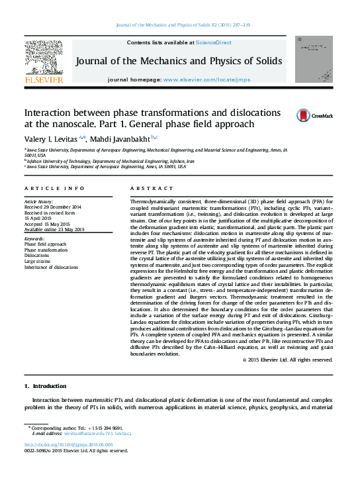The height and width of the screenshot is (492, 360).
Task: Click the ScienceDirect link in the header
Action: pos(214,42)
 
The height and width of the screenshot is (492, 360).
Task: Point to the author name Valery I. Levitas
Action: pos(52,138)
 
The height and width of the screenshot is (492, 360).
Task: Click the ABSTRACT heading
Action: pos(146,189)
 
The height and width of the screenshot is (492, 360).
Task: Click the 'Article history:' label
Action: pos(39,200)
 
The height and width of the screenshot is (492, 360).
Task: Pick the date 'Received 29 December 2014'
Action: pos(52,206)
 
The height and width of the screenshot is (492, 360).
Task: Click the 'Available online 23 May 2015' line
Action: pos(54,229)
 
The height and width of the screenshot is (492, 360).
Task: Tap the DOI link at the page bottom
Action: pos(68,444)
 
